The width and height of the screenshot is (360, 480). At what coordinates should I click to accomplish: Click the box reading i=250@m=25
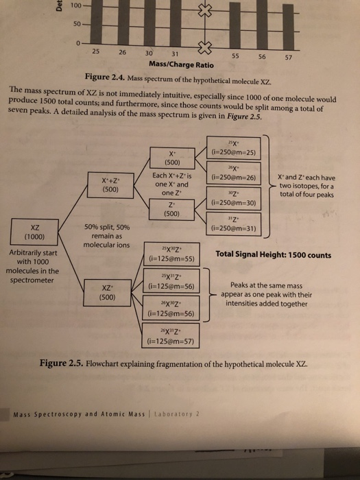point(233,147)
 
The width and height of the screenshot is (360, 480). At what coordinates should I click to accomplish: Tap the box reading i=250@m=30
point(233,199)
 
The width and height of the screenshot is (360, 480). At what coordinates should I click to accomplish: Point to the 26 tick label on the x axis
point(122,53)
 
